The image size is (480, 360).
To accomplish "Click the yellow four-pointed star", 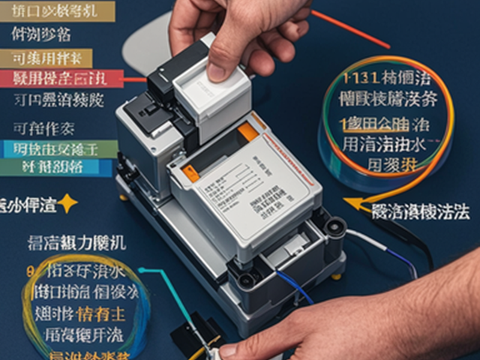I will (x=67, y=202).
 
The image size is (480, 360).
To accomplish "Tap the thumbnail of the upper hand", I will (x=217, y=70).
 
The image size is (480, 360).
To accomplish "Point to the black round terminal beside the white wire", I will (x=335, y=225).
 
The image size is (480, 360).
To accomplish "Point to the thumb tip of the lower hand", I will (x=229, y=349).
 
